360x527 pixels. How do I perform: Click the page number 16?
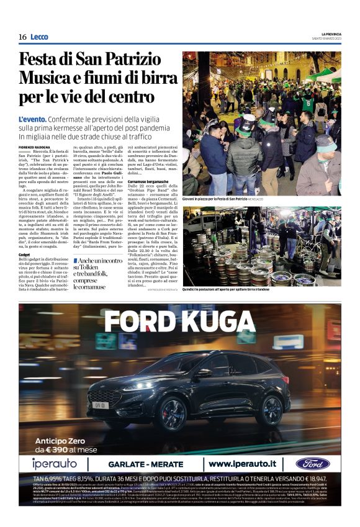coord(22,37)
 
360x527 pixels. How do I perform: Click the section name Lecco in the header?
coord(41,37)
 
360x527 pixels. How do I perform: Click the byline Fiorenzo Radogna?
coord(34,146)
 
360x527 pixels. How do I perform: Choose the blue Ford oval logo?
coord(312,464)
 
